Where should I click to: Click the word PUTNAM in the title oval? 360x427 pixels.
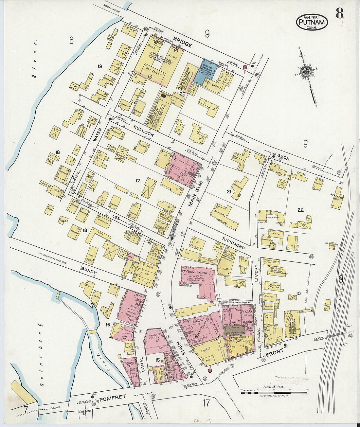pos(312,22)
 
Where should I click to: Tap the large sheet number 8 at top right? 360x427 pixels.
pos(339,14)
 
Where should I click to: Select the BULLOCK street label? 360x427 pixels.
pos(144,131)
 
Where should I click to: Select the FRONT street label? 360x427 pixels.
pos(274,354)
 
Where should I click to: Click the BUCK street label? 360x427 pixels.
pos(283,158)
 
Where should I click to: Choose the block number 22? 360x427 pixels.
pos(300,210)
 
